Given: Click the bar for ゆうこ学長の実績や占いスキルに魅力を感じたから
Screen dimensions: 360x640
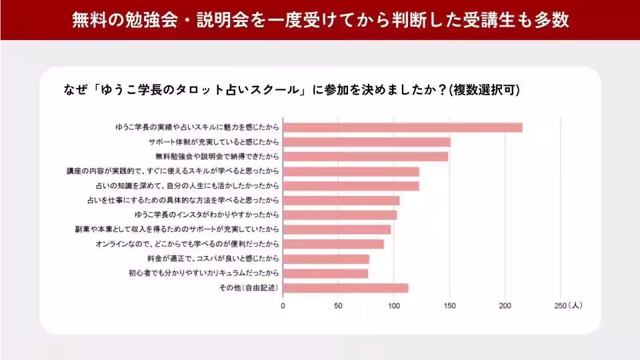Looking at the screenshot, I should [402, 127].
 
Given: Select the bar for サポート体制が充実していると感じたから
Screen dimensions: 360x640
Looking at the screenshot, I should [366, 142].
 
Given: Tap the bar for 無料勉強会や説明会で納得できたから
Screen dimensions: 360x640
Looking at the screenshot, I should [365, 157].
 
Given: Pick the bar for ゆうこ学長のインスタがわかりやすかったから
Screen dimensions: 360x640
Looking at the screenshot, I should [339, 215].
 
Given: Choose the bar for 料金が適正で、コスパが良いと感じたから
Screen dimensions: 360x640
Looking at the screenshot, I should [325, 259].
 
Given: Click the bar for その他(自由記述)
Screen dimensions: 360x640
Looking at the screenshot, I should [345, 288].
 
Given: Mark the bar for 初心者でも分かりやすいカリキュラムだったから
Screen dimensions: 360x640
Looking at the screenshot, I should [325, 273].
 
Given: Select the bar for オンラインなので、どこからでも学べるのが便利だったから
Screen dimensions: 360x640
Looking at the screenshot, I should [333, 244].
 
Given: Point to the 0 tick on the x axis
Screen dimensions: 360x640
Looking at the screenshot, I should [283, 306].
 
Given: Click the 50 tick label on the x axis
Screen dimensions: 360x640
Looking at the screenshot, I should [338, 306].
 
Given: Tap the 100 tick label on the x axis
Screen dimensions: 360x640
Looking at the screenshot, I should [394, 306].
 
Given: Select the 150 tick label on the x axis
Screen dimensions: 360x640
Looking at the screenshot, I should [449, 306].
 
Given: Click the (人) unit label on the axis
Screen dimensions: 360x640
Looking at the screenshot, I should [574, 306].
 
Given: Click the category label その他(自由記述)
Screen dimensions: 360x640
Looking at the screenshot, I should [249, 288].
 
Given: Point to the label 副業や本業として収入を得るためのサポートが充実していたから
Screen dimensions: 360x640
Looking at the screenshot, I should [177, 229].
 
